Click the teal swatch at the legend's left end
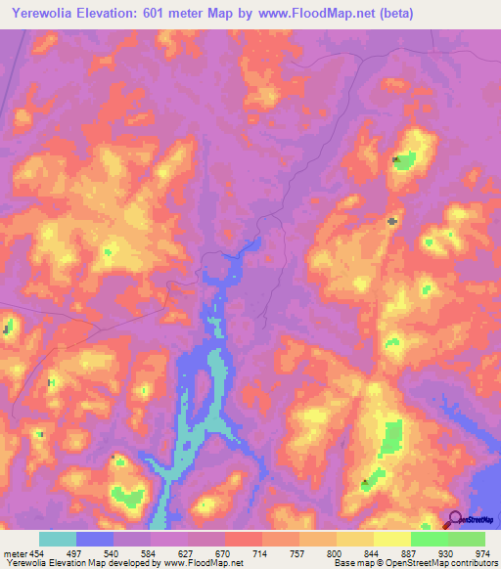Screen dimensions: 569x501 58,539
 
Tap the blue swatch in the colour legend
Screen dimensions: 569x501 95,539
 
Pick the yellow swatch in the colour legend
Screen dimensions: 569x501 392,539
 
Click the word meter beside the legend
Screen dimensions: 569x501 15,552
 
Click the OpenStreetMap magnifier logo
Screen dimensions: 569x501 455,519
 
